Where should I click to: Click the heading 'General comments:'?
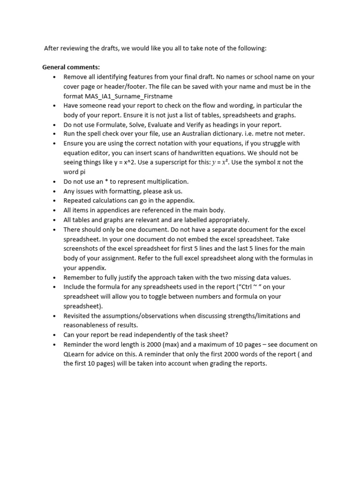(71, 67)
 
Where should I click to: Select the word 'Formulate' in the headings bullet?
(118, 125)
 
